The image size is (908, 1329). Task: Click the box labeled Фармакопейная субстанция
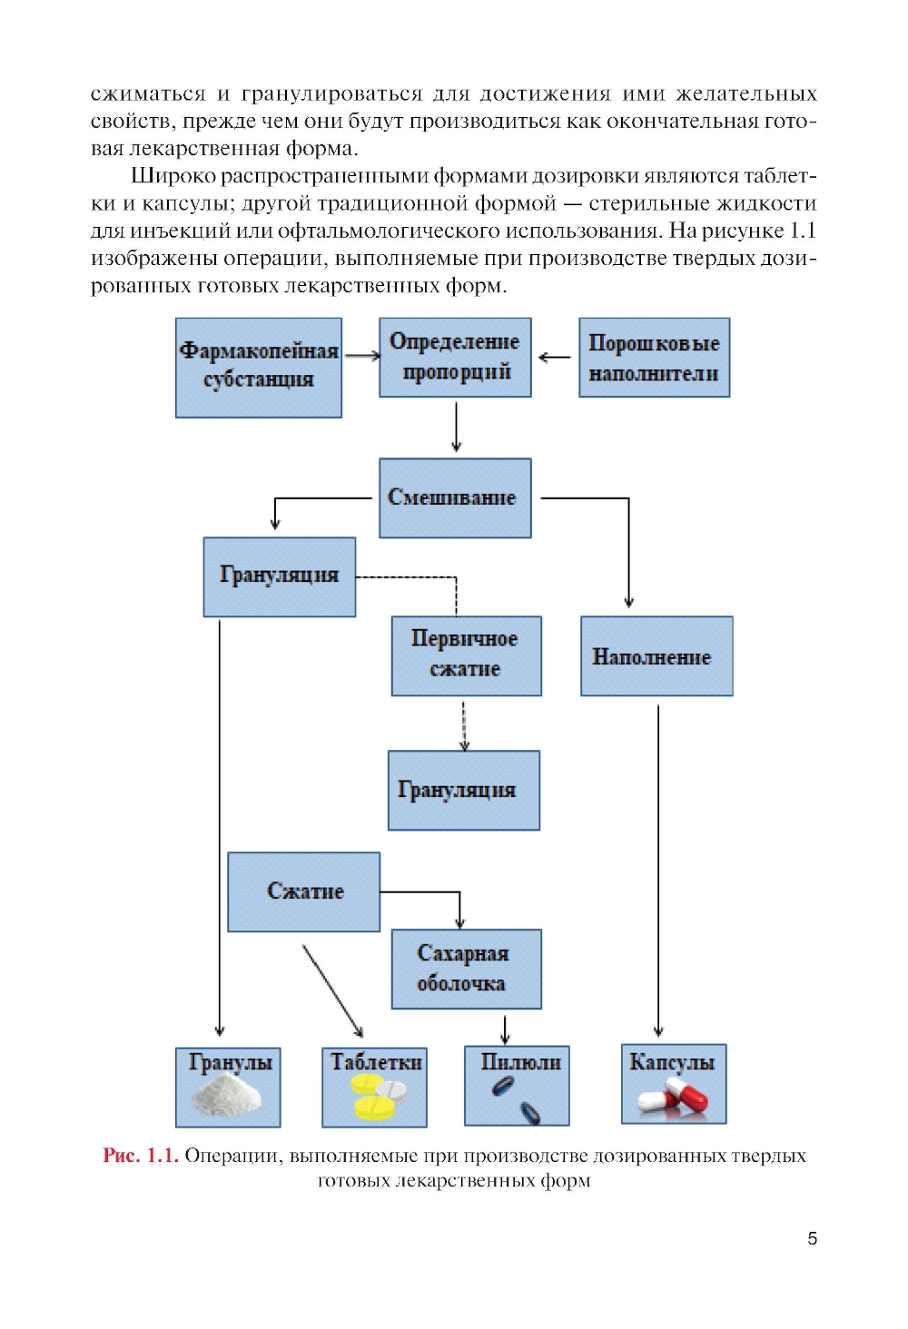pos(259,367)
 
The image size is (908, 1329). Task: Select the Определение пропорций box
pos(455,357)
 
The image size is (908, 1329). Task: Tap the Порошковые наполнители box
pos(654,357)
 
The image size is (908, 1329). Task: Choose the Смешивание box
pos(455,497)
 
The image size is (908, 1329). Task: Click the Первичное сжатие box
pos(466,655)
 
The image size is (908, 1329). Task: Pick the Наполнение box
pos(656,655)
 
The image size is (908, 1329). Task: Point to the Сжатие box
pos(303,891)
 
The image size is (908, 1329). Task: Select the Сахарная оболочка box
pos(466,969)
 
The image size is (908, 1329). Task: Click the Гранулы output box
pos(228,1086)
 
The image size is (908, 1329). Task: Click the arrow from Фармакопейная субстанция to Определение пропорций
pos(361,356)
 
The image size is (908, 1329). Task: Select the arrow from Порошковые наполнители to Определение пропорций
pos(555,357)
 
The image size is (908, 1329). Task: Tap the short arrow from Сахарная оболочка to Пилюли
pos(505,1028)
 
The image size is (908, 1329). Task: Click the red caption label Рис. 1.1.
pos(140,1156)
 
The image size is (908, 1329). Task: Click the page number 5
pos(812,1238)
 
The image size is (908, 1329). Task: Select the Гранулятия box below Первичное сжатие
pos(463,790)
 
